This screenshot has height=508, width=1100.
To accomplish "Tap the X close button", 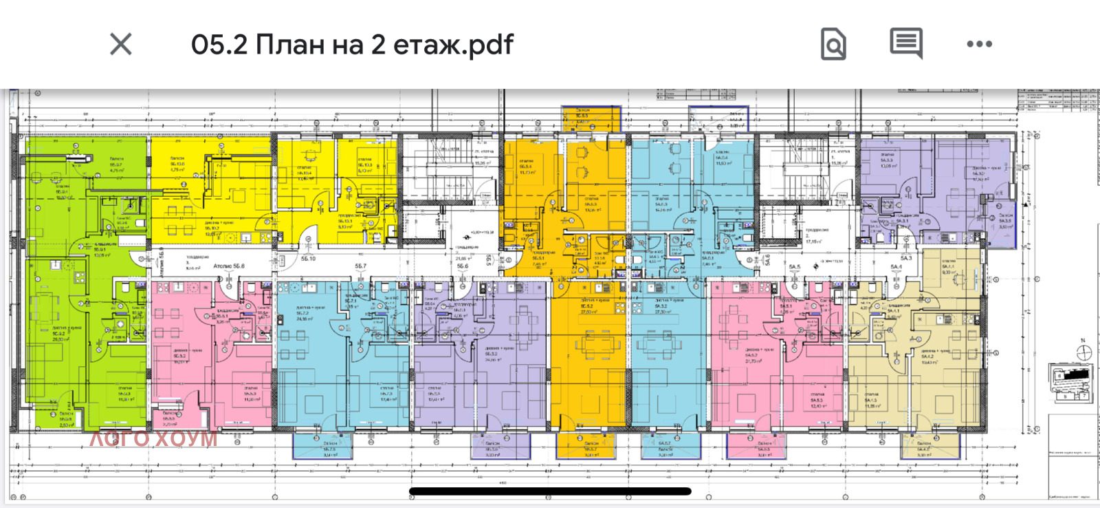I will coord(121,45).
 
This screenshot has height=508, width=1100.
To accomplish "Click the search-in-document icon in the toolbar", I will coord(833,45).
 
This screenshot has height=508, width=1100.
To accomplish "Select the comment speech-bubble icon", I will coord(906,44).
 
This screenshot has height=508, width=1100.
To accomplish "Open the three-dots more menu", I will coord(979,44).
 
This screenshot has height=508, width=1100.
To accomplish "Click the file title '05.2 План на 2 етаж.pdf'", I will coord(352,45).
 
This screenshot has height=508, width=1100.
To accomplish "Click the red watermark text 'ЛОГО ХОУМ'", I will coord(153,438).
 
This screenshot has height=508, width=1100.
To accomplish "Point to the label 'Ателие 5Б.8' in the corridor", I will coord(229,266).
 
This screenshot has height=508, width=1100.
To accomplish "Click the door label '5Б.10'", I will coord(308,259).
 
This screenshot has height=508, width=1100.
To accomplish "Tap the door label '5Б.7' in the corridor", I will coord(361,266).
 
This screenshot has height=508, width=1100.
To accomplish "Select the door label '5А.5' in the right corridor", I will coord(795,266).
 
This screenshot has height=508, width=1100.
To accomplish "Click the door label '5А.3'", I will coord(906,258).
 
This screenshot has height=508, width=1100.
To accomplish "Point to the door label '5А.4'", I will coord(896,266).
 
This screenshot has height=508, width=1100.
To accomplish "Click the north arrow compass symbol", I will coord(1084,352).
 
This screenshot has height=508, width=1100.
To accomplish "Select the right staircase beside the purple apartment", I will coord(797,172).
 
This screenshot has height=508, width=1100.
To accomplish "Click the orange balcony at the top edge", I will coord(591,118).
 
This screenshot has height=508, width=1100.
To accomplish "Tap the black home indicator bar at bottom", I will coord(550,491).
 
